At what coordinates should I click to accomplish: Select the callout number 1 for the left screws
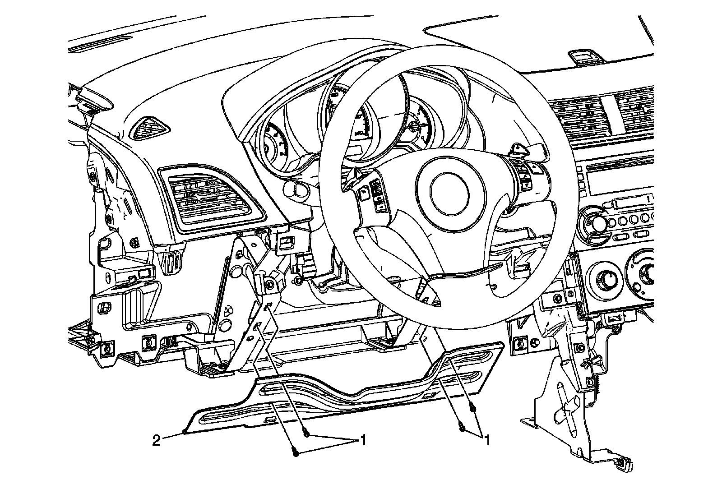(361, 439)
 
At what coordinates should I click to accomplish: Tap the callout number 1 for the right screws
(486, 439)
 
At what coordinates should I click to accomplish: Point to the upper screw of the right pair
(472, 409)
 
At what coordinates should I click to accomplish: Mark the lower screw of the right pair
(461, 427)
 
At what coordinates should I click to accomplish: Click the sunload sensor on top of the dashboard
(583, 56)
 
